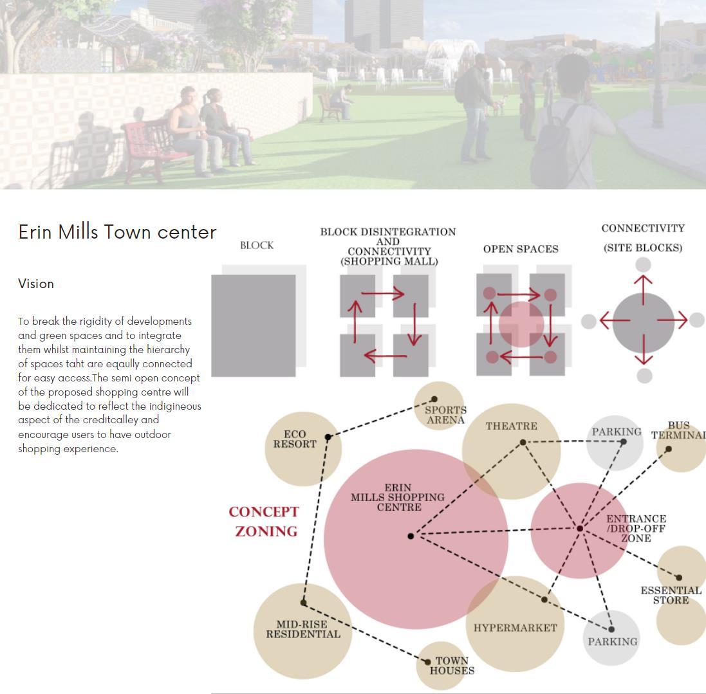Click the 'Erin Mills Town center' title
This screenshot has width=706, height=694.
coord(117,232)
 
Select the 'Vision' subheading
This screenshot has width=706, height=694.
coord(36,284)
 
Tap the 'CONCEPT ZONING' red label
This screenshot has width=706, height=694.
coord(265,522)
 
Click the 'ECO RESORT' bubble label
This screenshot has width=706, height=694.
coord(295,439)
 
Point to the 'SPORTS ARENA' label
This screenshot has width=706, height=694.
coord(445,415)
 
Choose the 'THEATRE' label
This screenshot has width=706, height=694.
coord(511,426)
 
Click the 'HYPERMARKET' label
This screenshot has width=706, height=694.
coord(515,628)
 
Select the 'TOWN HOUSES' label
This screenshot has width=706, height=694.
coord(452,666)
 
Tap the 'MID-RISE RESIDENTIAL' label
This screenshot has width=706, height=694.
coord(302,629)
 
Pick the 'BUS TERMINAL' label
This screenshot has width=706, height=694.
coord(678,430)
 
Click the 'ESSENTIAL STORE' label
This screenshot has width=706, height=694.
coord(671,595)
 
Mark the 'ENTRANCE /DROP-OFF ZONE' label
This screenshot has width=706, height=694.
coord(636,529)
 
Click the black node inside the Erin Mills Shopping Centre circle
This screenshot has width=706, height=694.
coord(411,536)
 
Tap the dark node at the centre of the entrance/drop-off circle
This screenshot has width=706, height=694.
coord(580,529)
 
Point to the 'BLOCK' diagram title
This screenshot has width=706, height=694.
coord(257,246)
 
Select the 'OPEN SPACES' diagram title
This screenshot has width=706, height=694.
coord(521,249)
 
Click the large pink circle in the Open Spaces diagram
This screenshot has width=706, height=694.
coord(521,325)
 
